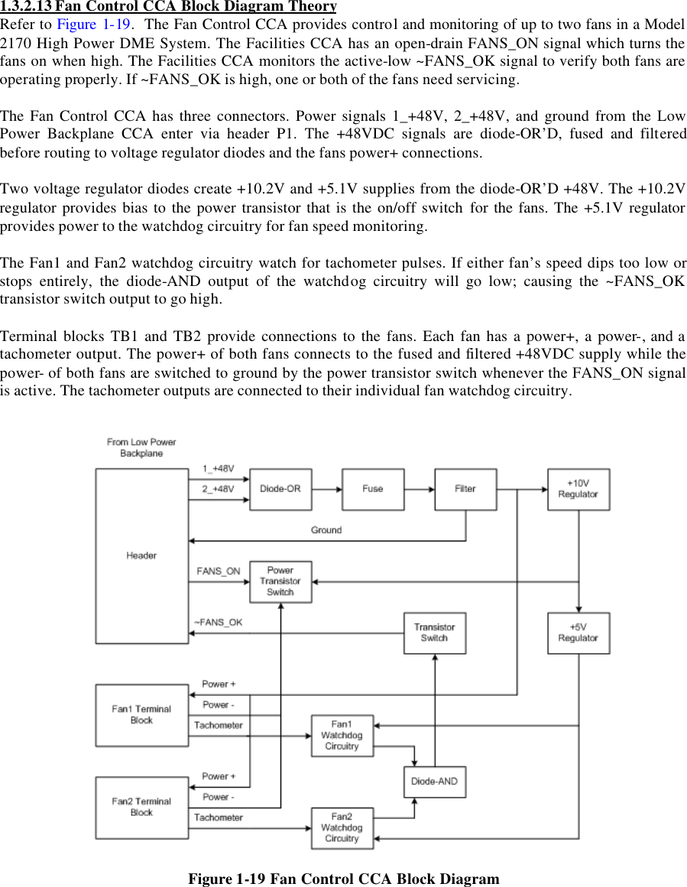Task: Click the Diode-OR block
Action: (280, 489)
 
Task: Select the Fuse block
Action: (373, 489)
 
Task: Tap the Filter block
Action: (465, 489)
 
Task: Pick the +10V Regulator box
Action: (578, 489)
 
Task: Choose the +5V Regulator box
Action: (578, 632)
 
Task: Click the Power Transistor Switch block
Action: (280, 581)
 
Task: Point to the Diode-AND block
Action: (434, 781)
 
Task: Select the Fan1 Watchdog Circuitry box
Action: (342, 736)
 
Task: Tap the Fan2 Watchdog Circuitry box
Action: (342, 828)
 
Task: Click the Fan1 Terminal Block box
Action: (141, 715)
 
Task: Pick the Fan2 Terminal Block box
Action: (141, 807)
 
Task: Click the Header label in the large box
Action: (141, 556)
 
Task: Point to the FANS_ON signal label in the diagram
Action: (219, 571)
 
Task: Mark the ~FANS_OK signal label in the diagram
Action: (219, 622)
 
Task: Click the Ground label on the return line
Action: (326, 530)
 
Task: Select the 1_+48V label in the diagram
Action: (219, 468)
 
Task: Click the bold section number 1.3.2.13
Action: (26, 6)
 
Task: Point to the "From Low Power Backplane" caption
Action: (141, 447)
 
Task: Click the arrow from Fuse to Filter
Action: (420, 489)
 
